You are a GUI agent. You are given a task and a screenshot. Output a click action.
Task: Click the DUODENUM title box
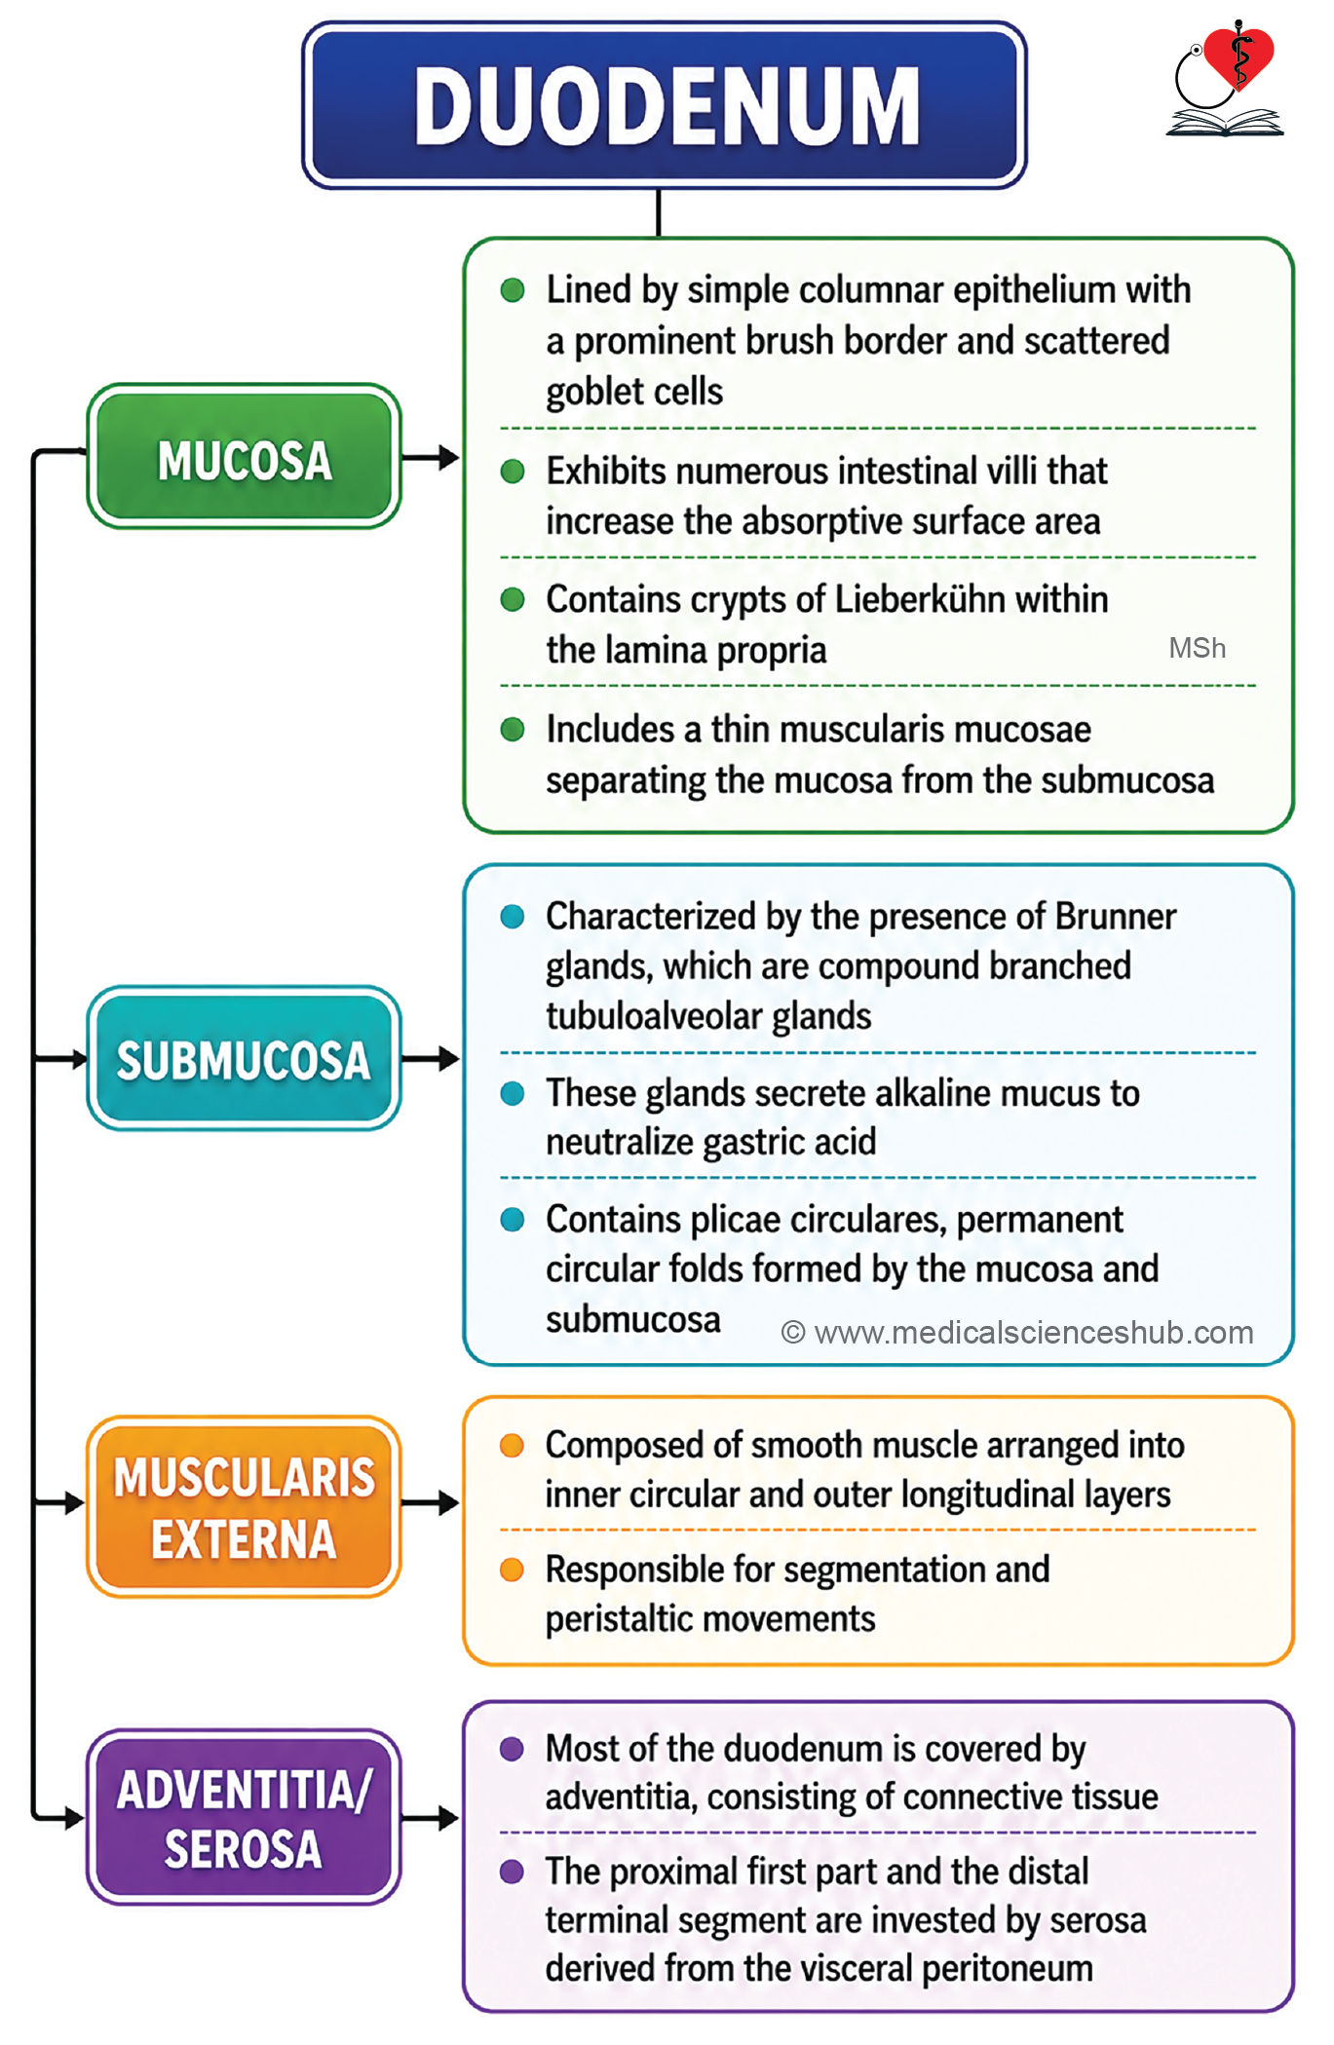click(665, 105)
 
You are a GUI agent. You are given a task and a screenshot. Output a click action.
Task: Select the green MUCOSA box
click(245, 456)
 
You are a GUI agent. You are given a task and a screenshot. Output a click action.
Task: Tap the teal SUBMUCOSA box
click(245, 1058)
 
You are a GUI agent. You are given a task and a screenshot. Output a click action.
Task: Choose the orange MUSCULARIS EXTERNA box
click(245, 1506)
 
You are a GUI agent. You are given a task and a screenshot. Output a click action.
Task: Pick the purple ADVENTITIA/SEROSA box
click(245, 1817)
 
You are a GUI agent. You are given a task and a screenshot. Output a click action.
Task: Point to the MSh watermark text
click(1198, 648)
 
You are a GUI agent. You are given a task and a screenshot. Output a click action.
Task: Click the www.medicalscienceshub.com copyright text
click(1017, 1332)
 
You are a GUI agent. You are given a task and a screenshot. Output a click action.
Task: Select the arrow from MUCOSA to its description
click(430, 457)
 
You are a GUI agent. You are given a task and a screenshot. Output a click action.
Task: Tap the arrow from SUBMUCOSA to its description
click(430, 1058)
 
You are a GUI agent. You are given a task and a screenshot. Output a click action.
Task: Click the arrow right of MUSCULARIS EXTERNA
click(430, 1502)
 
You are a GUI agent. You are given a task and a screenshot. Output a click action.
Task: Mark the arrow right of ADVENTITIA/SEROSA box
click(430, 1817)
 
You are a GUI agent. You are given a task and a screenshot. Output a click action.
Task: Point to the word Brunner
click(1116, 916)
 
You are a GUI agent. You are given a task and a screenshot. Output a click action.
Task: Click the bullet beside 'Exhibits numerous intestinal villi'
click(513, 472)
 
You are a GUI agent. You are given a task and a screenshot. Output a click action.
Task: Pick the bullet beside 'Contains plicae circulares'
click(513, 1219)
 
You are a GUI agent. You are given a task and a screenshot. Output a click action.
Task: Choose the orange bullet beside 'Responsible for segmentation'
click(512, 1570)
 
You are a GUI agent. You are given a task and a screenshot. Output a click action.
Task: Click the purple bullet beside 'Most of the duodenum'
click(512, 1749)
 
